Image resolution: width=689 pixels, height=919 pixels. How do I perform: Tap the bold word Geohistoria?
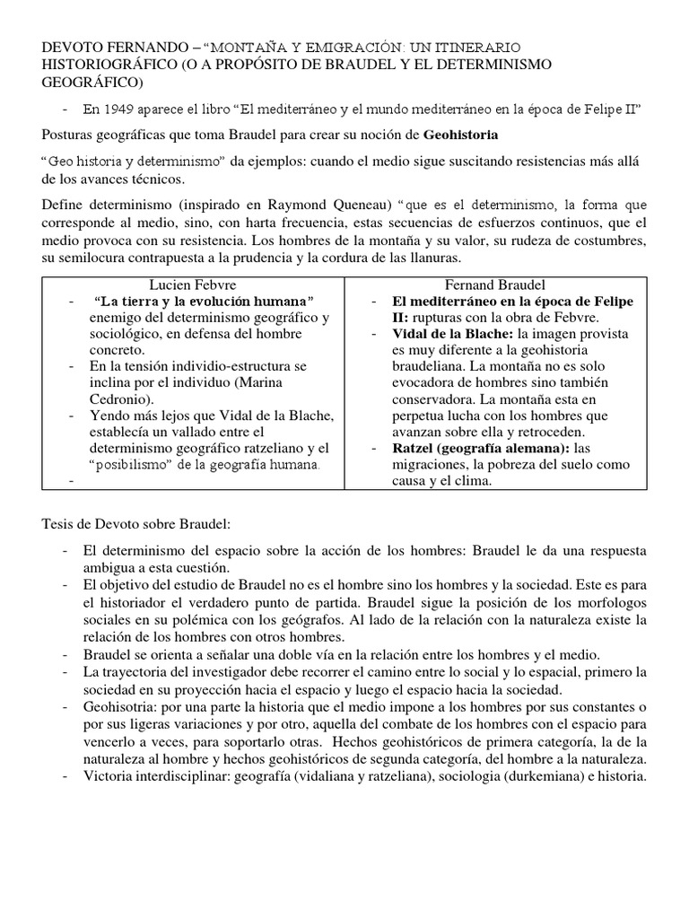coord(459,135)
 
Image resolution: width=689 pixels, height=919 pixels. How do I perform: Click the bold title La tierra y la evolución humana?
coord(203,301)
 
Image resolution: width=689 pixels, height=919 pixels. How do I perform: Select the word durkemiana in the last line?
coord(528,776)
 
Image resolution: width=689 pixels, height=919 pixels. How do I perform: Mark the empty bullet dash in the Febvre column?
coord(69,481)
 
